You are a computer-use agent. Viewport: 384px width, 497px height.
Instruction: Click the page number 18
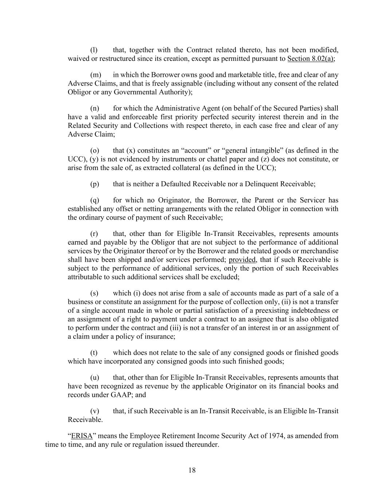192,470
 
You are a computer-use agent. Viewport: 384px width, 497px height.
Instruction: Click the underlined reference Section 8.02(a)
311,59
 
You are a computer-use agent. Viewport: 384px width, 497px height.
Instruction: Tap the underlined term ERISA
82,436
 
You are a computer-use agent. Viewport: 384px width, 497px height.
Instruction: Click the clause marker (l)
94,50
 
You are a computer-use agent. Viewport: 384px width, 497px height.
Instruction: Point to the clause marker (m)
95,75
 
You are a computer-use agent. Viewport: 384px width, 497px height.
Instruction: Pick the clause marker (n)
95,108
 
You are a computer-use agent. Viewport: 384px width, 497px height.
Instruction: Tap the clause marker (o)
95,150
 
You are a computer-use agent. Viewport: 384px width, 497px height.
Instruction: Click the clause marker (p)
95,184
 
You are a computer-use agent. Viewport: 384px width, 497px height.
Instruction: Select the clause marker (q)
95,200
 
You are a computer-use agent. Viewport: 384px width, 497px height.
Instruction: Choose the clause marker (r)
94,233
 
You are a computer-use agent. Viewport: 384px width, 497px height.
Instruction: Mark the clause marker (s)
94,293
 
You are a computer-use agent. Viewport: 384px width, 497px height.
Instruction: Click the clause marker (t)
94,353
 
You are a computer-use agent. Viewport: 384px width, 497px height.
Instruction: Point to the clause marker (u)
95,378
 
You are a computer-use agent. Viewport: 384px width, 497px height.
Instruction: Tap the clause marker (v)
95,411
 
